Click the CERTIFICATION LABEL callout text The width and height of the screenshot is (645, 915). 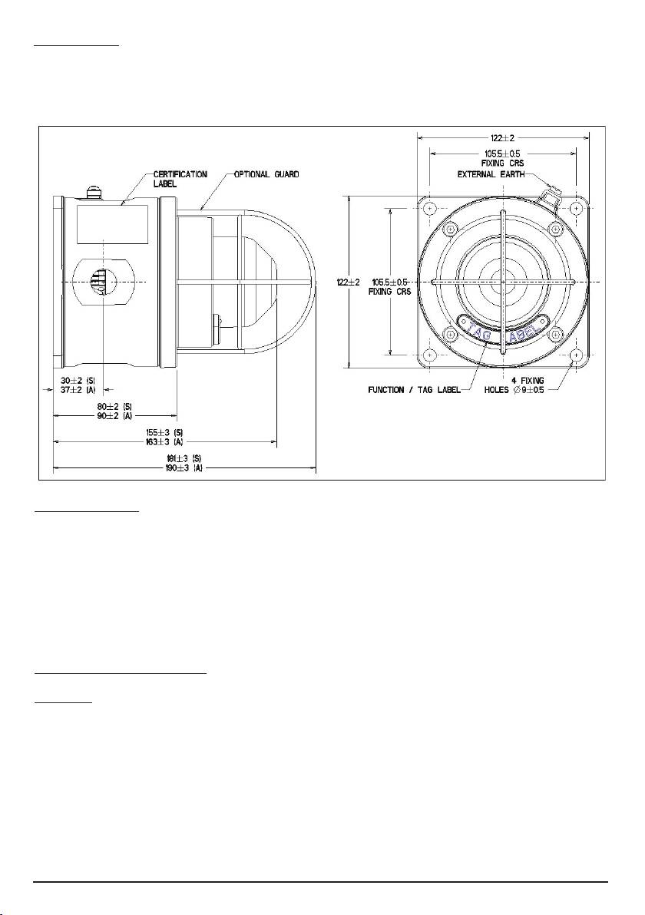point(180,179)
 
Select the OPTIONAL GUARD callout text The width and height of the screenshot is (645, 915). point(266,174)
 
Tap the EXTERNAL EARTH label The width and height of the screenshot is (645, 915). point(491,174)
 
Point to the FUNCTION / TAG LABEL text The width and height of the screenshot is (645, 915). point(414,390)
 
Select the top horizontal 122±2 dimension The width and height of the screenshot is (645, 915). point(502,138)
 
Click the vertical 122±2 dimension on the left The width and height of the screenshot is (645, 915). point(349,282)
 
